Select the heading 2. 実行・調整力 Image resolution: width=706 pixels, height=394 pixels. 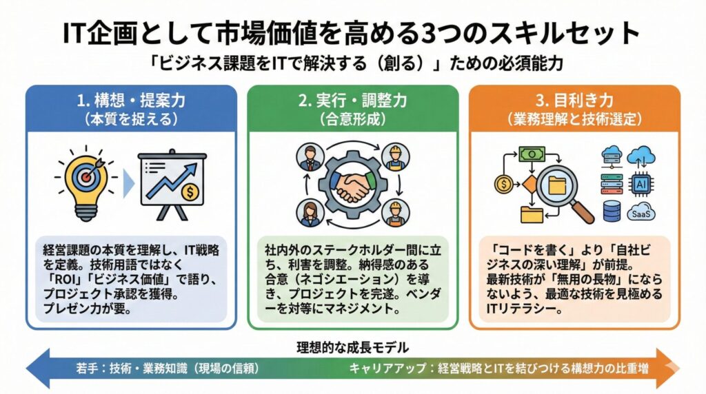pos(352,100)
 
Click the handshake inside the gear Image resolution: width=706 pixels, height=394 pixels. pos(352,184)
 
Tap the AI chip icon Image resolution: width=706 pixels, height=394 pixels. pos(641,184)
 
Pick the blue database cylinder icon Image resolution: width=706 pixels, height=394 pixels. pos(612,212)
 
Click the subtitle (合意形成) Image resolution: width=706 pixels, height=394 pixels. pos(352,118)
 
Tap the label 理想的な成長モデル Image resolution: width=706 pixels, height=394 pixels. pos(352,346)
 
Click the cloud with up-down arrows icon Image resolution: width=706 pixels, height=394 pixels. pos(641,155)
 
